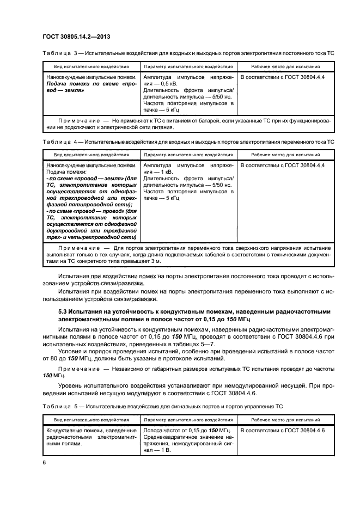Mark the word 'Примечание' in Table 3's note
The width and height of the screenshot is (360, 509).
[79, 120]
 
